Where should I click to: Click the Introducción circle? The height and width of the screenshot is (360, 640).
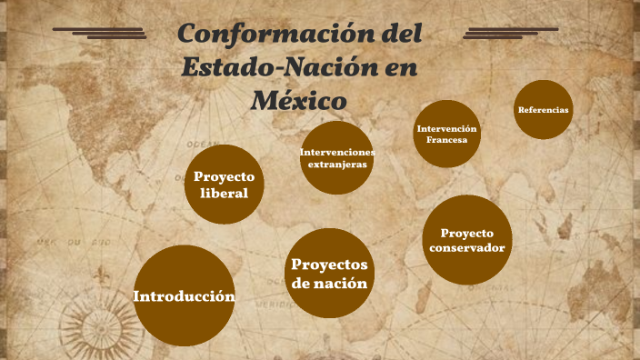pos(185,296)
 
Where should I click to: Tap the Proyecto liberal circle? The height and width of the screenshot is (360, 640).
pos(224,184)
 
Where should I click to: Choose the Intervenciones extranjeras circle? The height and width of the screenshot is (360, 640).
pos(336,157)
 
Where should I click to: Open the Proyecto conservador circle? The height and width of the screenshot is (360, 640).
pos(466,240)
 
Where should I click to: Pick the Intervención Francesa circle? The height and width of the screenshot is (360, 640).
pos(446,134)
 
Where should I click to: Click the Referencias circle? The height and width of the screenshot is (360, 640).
pos(543,110)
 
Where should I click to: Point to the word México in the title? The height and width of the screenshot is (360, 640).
pos(299,97)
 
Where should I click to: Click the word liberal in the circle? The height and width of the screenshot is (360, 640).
pos(224,193)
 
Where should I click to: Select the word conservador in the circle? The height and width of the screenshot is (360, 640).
pos(466,248)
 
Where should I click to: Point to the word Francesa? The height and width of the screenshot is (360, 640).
pos(446,141)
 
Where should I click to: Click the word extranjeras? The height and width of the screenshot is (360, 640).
pos(337,165)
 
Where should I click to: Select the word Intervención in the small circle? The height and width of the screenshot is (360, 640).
pos(446,128)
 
